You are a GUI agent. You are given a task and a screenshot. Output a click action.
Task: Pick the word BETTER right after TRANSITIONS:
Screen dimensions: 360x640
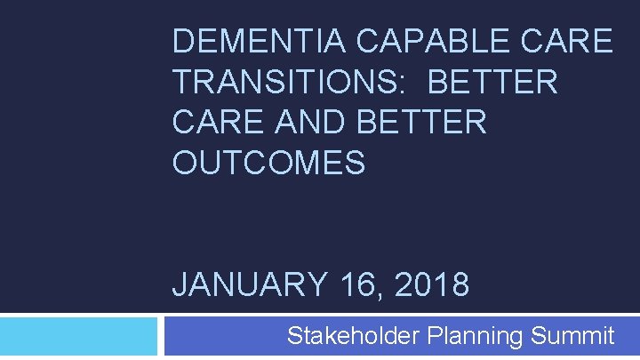492,83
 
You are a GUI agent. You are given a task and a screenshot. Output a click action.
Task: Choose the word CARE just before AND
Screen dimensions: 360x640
216,123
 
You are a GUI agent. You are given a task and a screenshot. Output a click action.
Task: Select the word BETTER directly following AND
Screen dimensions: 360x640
422,123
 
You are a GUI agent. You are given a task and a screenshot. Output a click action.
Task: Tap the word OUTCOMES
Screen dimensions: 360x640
268,164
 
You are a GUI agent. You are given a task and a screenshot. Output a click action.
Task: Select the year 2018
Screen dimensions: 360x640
431,285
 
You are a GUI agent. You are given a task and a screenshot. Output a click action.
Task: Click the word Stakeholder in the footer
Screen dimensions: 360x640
354,336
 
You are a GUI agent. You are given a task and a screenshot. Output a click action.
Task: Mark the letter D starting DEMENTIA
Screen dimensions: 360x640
182,42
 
